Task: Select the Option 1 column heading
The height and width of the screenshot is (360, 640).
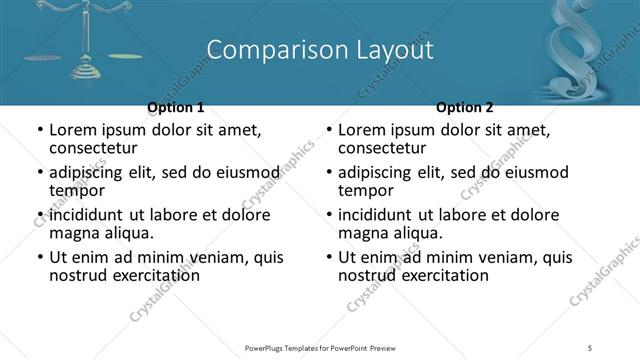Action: coord(176,107)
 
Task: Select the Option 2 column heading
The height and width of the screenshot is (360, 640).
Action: coord(465,107)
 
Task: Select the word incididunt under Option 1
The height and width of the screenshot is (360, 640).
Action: coord(88,215)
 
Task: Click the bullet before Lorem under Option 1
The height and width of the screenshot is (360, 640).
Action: coord(39,131)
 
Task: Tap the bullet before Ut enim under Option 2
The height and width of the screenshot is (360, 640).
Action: coord(328,257)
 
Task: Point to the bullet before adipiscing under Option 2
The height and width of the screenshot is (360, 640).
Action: coord(328,173)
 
